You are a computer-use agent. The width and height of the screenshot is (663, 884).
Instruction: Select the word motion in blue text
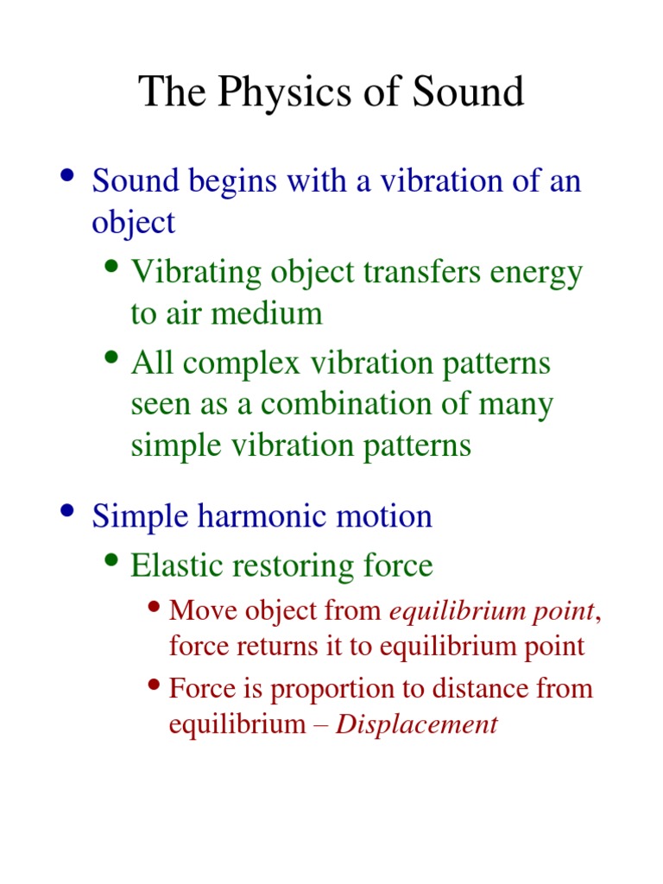pos(387,516)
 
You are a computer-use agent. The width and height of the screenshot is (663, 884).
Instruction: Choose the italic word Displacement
pos(417,724)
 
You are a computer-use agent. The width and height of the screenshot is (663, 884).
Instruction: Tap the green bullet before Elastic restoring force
pos(111,561)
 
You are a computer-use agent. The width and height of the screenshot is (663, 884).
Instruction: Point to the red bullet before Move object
pos(155,607)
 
